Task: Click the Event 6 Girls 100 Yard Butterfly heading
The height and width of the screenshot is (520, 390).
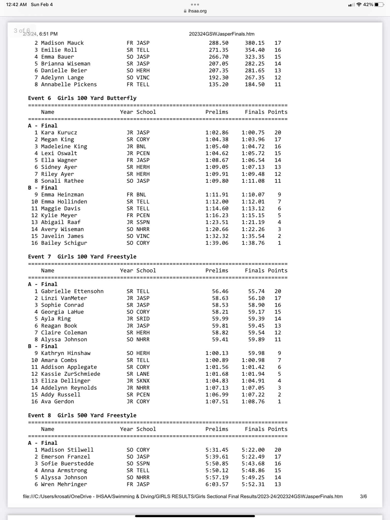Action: (x=82, y=98)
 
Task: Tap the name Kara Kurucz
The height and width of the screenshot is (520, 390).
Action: (x=59, y=133)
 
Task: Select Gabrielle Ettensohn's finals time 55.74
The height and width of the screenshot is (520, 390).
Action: (x=256, y=291)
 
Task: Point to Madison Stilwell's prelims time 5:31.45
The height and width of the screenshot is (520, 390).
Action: (x=217, y=450)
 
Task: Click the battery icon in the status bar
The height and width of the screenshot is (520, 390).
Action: (x=379, y=5)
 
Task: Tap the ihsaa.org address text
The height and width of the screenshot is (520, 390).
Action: (x=197, y=11)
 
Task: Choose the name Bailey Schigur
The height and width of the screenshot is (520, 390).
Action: (x=64, y=243)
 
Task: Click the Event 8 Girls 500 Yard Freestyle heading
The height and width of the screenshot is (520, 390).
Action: (x=82, y=415)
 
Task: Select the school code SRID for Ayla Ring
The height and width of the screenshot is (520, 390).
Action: (x=143, y=319)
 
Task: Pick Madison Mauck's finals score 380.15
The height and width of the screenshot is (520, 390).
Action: (x=255, y=43)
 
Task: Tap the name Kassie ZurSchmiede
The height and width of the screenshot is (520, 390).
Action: (x=71, y=374)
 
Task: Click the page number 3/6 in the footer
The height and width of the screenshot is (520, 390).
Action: (x=363, y=496)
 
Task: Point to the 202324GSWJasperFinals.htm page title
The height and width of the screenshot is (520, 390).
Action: (x=222, y=34)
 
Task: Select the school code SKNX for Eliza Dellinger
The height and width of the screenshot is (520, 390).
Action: (x=143, y=381)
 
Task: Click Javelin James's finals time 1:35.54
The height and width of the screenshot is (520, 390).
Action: (x=253, y=236)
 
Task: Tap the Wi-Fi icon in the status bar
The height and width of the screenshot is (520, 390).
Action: (x=359, y=5)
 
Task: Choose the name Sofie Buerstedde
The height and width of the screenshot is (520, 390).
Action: (x=67, y=463)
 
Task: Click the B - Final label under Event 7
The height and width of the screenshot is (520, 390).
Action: (x=43, y=346)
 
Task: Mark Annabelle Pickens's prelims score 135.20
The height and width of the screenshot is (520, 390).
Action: (x=219, y=84)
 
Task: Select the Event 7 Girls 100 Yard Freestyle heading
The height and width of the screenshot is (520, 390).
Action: (x=82, y=257)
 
